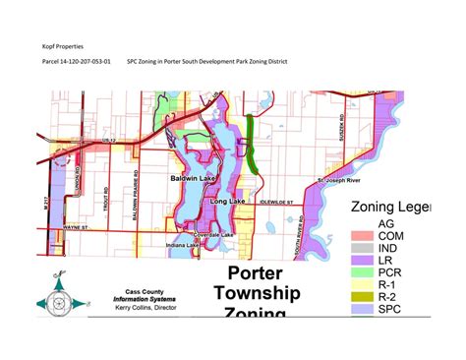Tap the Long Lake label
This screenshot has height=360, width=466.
pyautogui.click(x=225, y=201)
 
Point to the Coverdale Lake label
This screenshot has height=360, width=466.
pyautogui.click(x=213, y=235)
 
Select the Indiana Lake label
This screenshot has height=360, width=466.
pyautogui.click(x=182, y=244)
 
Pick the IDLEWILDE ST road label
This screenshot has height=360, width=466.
pyautogui.click(x=279, y=201)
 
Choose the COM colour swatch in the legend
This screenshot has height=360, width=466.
pyautogui.click(x=362, y=237)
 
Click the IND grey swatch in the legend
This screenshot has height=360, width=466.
pyautogui.click(x=362, y=252)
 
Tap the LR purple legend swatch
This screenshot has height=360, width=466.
pyautogui.click(x=362, y=267)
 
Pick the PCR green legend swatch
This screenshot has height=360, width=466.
pyautogui.click(x=362, y=281)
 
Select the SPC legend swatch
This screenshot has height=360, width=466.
pyautogui.click(x=362, y=311)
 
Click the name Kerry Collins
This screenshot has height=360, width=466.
pyautogui.click(x=137, y=308)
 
